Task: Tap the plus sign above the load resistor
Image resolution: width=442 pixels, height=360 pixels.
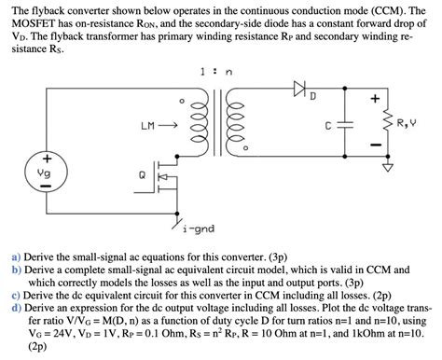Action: [x=375, y=97]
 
